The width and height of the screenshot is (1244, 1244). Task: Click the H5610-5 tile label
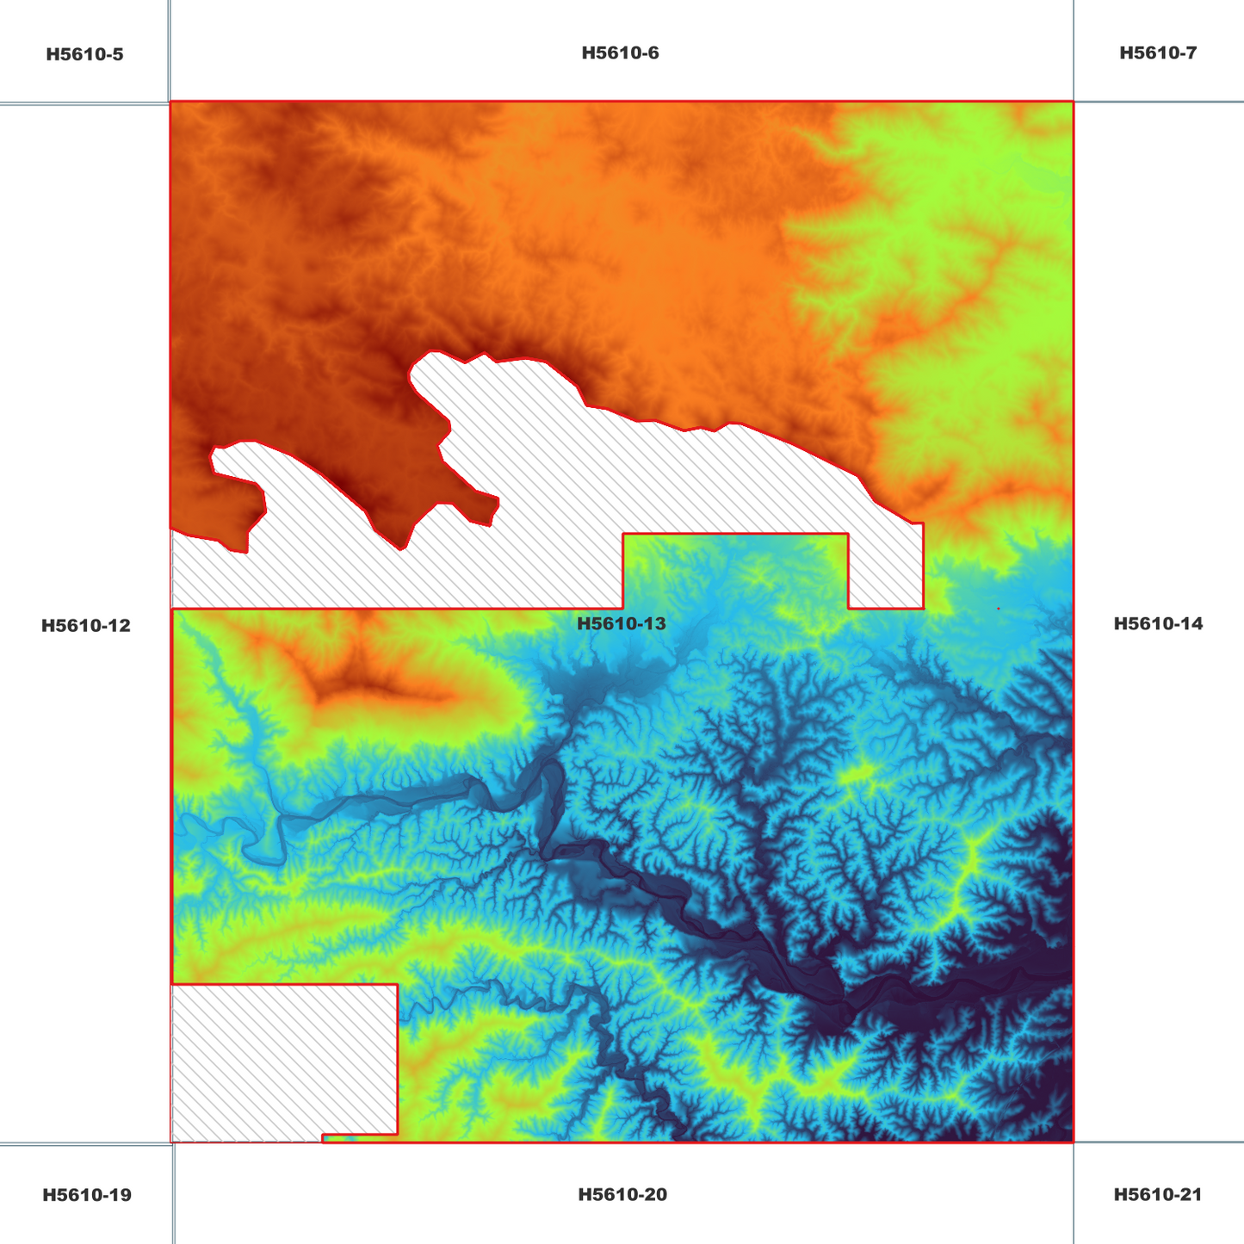coord(84,55)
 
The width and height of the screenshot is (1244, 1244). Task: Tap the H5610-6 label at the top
coord(620,53)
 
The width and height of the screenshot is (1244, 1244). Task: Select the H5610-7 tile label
coord(1158,53)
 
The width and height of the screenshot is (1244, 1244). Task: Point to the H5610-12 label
coord(86,626)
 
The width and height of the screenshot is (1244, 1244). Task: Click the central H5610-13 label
coord(622,623)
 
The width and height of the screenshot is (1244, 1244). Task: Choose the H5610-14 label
coord(1158,623)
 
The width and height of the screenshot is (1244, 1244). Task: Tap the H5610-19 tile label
coord(87,1195)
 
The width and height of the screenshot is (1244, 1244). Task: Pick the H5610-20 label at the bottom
coord(622,1195)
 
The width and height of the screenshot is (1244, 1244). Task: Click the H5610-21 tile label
coord(1158,1195)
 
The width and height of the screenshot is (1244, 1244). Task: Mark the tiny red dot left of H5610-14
coord(998,609)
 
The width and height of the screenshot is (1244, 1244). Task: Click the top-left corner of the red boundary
coord(170,102)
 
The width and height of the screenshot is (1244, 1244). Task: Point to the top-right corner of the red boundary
coord(1074,102)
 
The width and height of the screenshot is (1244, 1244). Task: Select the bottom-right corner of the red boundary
coord(1074,1142)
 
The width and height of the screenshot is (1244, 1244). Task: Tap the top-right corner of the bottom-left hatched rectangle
coord(398,984)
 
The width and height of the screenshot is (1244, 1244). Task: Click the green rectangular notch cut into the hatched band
coord(735,570)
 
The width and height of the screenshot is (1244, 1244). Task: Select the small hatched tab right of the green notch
coord(886,568)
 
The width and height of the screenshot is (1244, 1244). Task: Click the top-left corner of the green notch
coord(623,535)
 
